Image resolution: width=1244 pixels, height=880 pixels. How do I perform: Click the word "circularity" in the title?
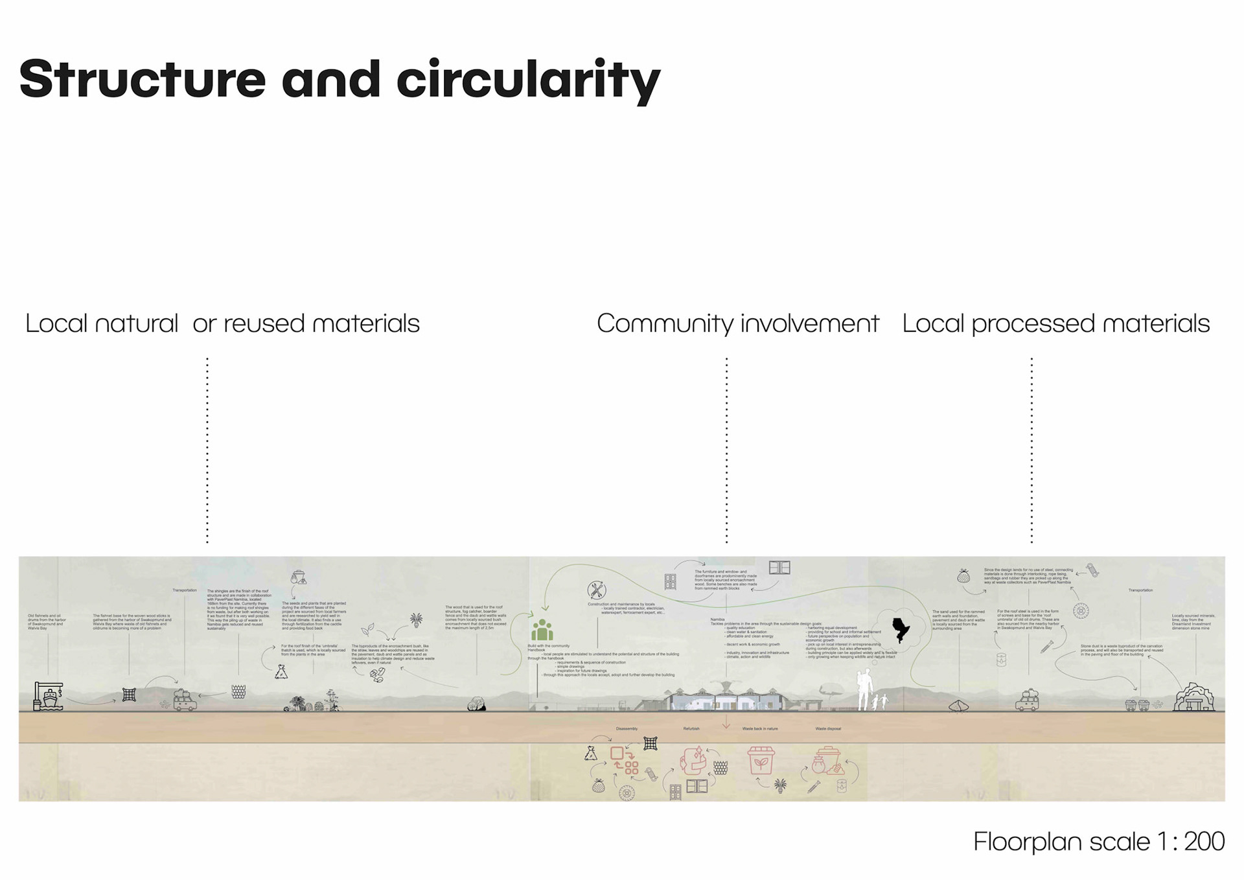pyautogui.click(x=528, y=80)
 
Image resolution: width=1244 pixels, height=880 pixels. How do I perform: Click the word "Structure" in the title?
pyautogui.click(x=143, y=80)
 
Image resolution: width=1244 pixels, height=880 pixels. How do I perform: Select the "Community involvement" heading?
pyautogui.click(x=737, y=323)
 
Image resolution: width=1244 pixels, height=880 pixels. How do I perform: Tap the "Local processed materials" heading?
pyautogui.click(x=1055, y=323)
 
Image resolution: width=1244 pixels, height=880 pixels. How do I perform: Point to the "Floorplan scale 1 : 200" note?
pyautogui.click(x=1098, y=841)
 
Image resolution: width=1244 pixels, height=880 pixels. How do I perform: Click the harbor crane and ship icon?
pyautogui.click(x=49, y=697)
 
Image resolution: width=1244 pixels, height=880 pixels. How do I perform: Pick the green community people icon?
pyautogui.click(x=542, y=630)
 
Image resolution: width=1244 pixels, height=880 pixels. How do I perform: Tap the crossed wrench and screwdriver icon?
pyautogui.click(x=596, y=590)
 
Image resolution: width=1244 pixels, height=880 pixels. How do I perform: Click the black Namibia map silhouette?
pyautogui.click(x=901, y=629)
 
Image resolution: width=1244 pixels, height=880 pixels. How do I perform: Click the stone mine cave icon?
pyautogui.click(x=1193, y=698)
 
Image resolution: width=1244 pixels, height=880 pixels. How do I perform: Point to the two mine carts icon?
pyautogui.click(x=1137, y=705)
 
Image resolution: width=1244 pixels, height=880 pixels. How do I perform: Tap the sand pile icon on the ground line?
pyautogui.click(x=958, y=706)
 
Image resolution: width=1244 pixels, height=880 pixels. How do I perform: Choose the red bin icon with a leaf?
pyautogui.click(x=761, y=761)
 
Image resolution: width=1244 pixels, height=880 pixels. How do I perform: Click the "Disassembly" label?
pyautogui.click(x=627, y=728)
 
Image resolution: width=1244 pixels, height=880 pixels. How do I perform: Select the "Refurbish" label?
pyautogui.click(x=691, y=728)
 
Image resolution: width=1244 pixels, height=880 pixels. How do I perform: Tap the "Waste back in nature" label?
pyautogui.click(x=760, y=728)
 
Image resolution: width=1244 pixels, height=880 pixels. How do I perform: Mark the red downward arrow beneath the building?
pyautogui.click(x=726, y=722)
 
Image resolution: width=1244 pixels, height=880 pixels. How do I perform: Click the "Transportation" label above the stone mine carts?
pyautogui.click(x=1140, y=590)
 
